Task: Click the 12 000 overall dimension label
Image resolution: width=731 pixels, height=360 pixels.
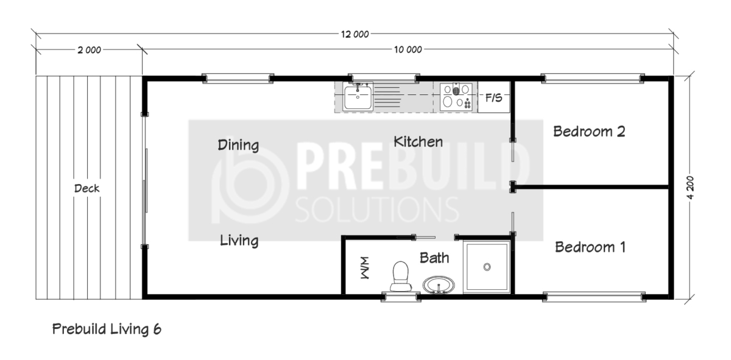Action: (x=355, y=34)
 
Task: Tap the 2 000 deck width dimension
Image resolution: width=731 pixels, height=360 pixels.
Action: (x=89, y=51)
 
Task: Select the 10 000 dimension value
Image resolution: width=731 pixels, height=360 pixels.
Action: (x=408, y=49)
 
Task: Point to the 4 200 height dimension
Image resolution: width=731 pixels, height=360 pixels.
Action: (x=690, y=188)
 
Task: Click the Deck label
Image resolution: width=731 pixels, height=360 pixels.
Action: (x=87, y=188)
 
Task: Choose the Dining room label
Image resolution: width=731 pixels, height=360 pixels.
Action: (x=238, y=145)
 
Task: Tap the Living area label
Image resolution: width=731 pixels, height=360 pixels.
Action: (x=239, y=241)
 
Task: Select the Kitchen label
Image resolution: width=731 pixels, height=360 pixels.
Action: (x=418, y=142)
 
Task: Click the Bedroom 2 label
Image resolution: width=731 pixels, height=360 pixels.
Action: (x=589, y=132)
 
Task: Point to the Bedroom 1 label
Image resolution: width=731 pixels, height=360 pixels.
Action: (x=590, y=247)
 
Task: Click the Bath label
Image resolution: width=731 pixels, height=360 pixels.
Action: (x=434, y=258)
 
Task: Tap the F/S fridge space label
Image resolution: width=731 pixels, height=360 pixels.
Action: (x=493, y=97)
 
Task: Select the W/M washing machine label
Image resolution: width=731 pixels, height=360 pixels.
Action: (x=365, y=268)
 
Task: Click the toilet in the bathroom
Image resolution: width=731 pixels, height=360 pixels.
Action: (x=401, y=276)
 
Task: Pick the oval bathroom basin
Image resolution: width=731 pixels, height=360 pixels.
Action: (x=439, y=285)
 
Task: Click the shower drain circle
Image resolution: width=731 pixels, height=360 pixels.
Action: (x=487, y=267)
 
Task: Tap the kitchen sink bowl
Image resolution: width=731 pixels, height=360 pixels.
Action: (x=358, y=97)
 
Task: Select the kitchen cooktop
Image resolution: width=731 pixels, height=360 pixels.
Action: (x=456, y=97)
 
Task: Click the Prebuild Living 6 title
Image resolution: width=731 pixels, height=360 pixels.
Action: (x=107, y=329)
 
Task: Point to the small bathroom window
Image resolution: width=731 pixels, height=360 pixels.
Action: (x=401, y=297)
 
